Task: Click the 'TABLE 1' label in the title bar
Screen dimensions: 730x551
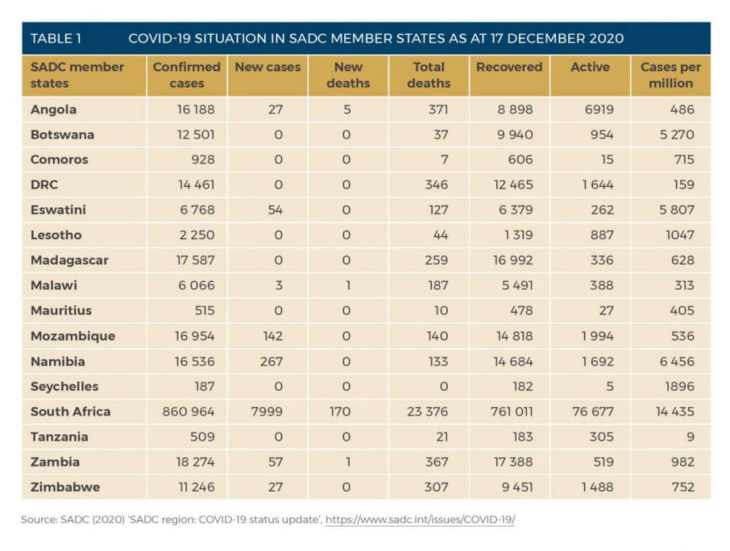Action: click(56, 38)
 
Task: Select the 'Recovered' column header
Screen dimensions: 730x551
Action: click(509, 67)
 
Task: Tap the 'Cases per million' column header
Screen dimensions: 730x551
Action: click(670, 75)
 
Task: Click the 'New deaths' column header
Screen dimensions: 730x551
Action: click(348, 75)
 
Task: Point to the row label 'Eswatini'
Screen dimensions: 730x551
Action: click(58, 210)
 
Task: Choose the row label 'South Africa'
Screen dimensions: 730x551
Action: click(71, 411)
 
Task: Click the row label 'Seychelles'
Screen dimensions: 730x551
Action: click(64, 387)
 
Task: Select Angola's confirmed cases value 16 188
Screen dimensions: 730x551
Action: click(195, 110)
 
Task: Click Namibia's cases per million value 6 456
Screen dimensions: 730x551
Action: click(677, 362)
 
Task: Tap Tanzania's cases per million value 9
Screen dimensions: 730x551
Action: click(690, 436)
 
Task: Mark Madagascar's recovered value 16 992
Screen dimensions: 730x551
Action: click(513, 260)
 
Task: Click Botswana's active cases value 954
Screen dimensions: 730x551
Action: click(602, 135)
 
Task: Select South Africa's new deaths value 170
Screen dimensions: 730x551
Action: click(339, 411)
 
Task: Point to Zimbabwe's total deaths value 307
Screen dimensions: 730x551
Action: click(436, 487)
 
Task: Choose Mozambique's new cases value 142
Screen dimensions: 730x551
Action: click(272, 336)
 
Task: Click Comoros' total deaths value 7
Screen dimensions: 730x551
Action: click(444, 160)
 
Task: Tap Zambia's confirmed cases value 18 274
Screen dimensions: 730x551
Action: click(195, 462)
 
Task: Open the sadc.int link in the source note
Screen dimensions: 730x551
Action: click(420, 520)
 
